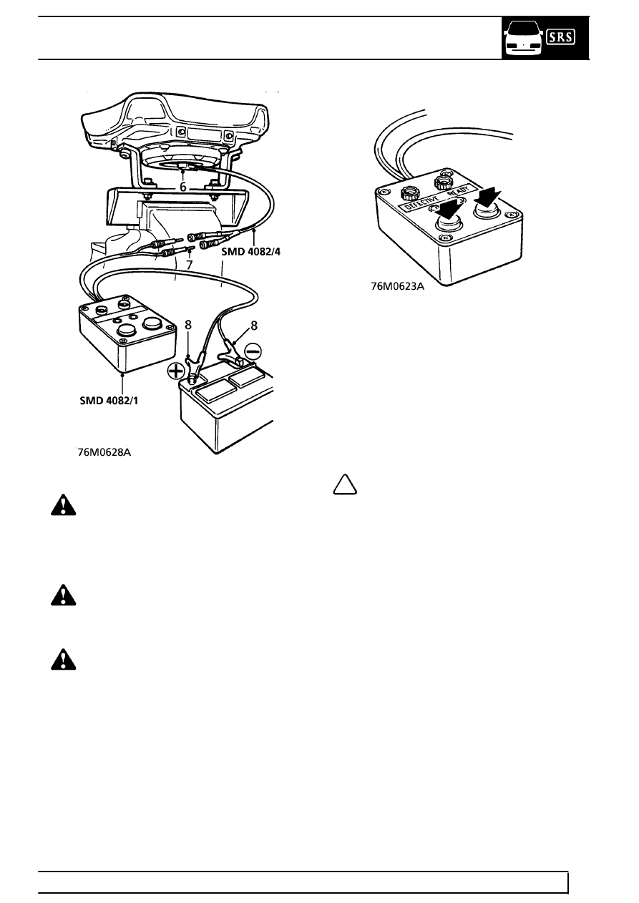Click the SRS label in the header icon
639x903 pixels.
tap(560, 37)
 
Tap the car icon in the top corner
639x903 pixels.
tap(524, 39)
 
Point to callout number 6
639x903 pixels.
tap(183, 187)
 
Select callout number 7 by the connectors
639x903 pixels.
tap(189, 265)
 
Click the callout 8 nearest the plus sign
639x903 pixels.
tap(188, 325)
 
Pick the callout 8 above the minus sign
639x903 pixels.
tap(253, 326)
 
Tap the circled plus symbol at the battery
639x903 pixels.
tap(176, 371)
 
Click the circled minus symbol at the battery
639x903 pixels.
tap(253, 351)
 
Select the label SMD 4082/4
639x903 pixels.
tap(250, 252)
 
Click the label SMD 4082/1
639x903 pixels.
tap(109, 401)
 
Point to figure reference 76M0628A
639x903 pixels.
tap(104, 452)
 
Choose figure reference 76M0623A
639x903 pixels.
tap(398, 286)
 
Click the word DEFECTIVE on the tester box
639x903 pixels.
tap(421, 202)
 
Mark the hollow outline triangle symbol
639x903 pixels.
tap(345, 484)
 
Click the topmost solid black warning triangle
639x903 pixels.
tap(63, 505)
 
